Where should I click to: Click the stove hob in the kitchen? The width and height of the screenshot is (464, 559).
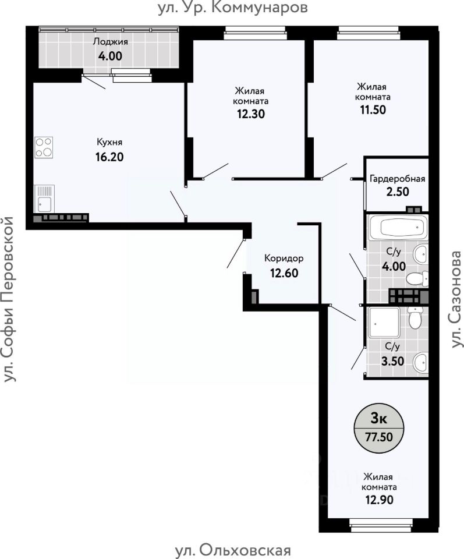[x=44, y=147]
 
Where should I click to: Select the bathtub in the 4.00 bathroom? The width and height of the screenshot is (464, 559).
[x=398, y=227]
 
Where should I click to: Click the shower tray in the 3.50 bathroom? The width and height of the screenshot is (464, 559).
[x=384, y=322]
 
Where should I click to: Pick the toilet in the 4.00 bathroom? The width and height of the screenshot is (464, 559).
[x=417, y=278]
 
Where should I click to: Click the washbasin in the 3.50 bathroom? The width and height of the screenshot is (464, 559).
[x=421, y=363]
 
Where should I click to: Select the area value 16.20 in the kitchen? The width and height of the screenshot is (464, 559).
[x=109, y=157]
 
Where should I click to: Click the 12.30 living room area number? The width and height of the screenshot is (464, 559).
[x=251, y=114]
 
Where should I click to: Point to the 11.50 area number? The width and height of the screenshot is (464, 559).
[x=373, y=110]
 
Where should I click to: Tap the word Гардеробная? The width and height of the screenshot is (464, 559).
[x=398, y=179]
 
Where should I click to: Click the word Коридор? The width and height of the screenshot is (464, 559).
[x=284, y=259]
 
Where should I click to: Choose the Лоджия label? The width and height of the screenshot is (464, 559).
[x=111, y=42]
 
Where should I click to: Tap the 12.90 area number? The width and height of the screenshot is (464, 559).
[x=379, y=500]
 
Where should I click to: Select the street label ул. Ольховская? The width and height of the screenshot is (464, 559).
[x=233, y=550]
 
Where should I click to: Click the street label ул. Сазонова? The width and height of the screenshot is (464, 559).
[x=456, y=299]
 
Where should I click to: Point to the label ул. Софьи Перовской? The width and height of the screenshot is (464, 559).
[x=8, y=299]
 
